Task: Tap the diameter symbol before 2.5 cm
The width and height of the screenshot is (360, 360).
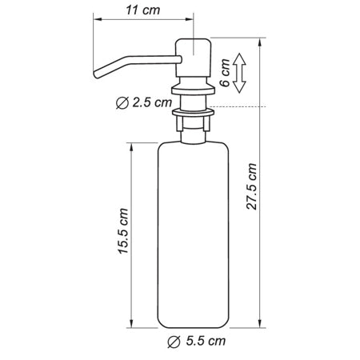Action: click(120, 102)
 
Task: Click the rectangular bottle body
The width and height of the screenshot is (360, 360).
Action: click(194, 232)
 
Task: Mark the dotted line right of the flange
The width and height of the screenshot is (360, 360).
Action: click(240, 106)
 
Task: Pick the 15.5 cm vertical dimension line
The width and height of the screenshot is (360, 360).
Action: click(133, 232)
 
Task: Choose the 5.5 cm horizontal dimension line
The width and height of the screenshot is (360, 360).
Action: click(194, 330)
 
